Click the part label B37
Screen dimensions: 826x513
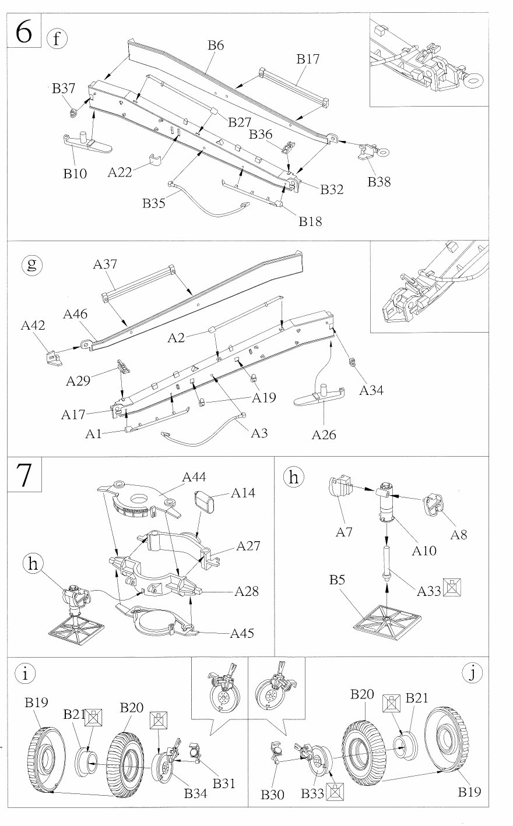[64, 89]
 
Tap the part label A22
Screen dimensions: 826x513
[121, 172]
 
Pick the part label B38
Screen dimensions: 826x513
[379, 181]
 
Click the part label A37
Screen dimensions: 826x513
[106, 264]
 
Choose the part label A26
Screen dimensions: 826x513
[324, 434]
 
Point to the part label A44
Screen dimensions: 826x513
[194, 478]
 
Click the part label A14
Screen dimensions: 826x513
[243, 493]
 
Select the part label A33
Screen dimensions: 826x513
[428, 591]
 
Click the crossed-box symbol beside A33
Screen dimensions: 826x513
[451, 588]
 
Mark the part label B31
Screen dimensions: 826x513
[224, 783]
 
